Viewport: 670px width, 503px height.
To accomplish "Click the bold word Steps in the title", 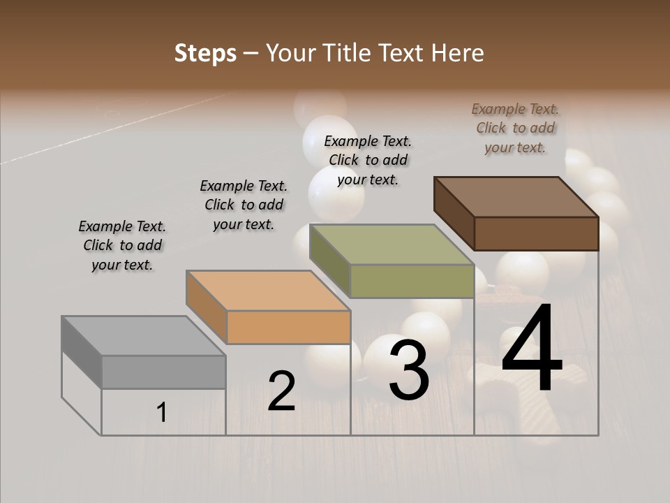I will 205,54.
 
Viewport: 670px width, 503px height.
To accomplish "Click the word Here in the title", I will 457,54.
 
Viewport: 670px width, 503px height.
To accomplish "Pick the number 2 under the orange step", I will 282,391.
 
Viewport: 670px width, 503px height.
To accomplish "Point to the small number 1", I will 162,412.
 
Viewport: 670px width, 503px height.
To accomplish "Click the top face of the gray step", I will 143,336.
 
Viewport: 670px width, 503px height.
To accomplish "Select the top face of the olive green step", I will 392,245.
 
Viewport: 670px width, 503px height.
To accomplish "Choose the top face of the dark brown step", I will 516,197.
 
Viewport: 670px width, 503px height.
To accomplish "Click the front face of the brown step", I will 536,233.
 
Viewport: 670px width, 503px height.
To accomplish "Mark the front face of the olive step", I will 412,281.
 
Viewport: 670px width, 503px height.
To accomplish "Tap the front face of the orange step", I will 288,327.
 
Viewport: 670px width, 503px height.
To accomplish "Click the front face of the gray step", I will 163,372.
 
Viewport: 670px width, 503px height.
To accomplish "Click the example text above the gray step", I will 122,245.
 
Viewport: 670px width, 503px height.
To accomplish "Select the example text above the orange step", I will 244,205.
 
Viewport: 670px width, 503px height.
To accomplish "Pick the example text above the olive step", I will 368,160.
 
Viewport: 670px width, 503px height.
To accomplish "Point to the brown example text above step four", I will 515,128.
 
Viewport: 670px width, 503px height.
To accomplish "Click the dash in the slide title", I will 251,54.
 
